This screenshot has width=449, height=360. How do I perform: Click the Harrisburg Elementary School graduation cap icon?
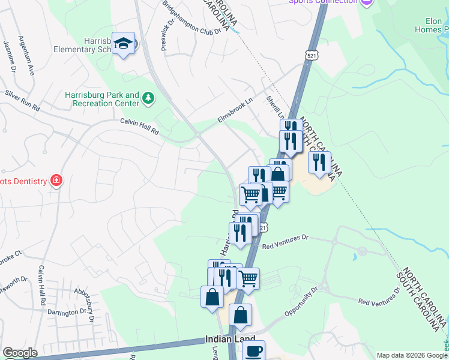[x=124, y=43]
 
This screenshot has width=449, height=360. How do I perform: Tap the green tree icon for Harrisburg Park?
[x=148, y=97]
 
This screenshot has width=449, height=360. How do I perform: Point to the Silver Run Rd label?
[x=22, y=101]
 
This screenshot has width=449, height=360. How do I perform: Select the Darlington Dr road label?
[x=67, y=313]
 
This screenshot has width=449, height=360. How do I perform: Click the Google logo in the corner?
[x=20, y=353]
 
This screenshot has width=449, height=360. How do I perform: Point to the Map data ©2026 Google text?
[x=411, y=355]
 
